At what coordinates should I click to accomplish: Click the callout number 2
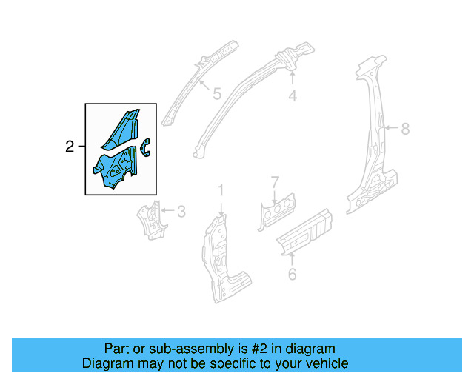click(x=70, y=147)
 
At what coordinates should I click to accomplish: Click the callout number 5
click(x=216, y=94)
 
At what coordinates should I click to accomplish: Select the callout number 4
click(x=293, y=95)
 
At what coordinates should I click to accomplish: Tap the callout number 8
click(x=405, y=129)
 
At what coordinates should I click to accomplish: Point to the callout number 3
click(x=181, y=212)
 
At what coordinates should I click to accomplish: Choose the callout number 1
click(x=220, y=192)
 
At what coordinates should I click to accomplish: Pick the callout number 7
click(x=274, y=181)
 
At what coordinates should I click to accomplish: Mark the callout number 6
click(x=292, y=275)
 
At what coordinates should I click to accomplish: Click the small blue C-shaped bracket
click(x=146, y=147)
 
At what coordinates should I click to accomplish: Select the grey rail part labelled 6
click(x=304, y=231)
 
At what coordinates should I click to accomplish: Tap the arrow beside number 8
click(x=390, y=129)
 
